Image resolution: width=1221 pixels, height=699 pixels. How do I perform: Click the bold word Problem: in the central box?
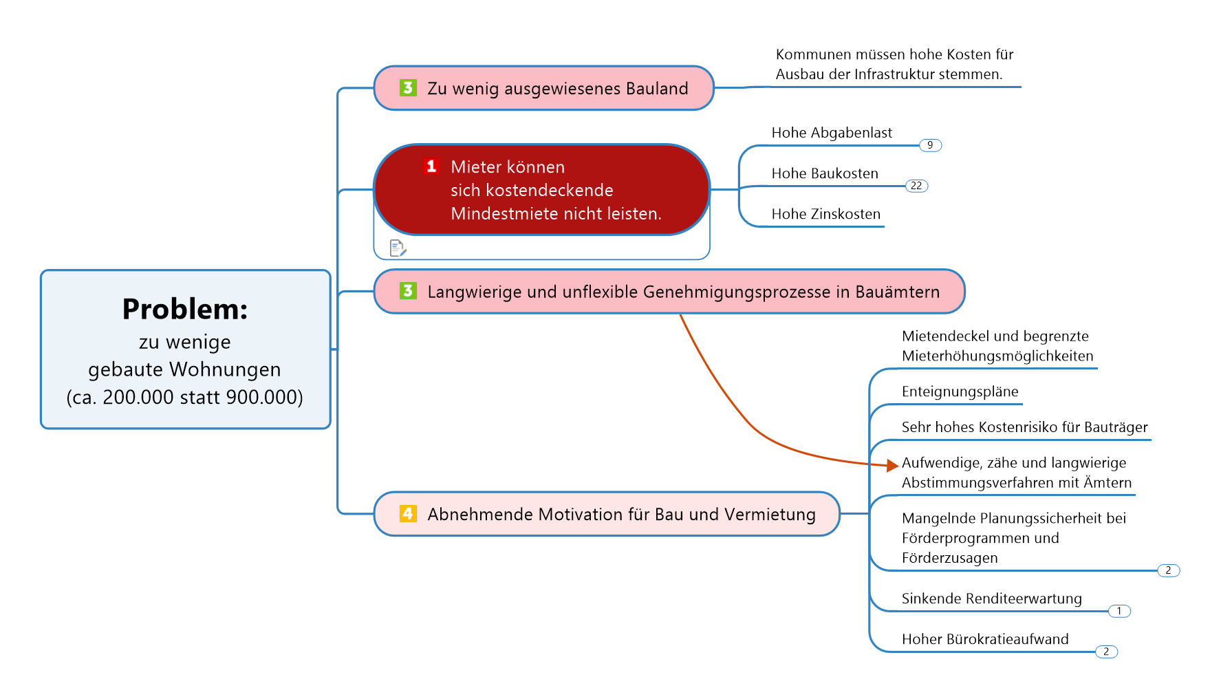(185, 309)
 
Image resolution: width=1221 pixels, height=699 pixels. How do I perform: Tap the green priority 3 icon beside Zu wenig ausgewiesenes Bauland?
(408, 88)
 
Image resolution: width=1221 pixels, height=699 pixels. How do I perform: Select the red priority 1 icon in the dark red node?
(431, 166)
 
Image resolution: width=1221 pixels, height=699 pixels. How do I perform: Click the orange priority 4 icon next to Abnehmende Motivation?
(408, 514)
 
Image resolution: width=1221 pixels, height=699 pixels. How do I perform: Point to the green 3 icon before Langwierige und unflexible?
(408, 291)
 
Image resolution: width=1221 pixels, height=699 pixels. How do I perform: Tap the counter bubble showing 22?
(916, 186)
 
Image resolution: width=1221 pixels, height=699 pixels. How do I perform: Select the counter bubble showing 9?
(930, 145)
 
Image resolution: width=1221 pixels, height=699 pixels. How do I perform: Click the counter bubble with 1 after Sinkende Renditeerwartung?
(1119, 611)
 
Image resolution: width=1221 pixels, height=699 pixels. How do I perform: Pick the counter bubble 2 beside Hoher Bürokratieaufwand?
(1106, 652)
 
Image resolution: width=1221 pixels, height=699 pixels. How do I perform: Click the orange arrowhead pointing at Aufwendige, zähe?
(893, 466)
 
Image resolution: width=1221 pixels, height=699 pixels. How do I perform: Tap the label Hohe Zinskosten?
(825, 214)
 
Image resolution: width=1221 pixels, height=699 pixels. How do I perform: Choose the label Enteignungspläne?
(960, 392)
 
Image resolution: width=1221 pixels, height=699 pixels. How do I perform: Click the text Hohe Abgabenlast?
(832, 133)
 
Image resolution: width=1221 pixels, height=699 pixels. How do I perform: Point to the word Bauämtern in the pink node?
(898, 292)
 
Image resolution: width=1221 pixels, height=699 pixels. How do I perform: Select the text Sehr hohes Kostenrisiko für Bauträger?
(1024, 427)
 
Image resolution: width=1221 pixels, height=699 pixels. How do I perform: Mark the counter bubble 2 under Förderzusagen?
(1168, 570)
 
